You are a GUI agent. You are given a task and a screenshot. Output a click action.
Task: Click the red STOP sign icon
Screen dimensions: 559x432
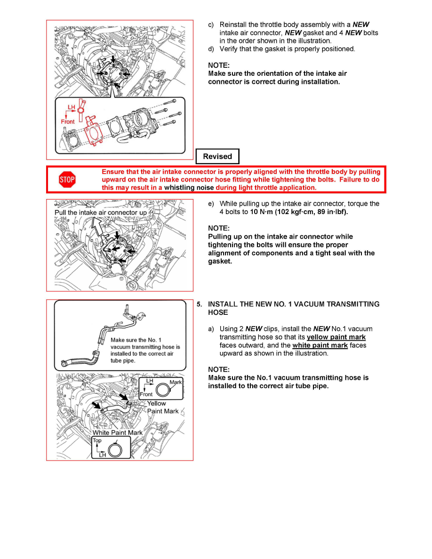pyautogui.click(x=67, y=179)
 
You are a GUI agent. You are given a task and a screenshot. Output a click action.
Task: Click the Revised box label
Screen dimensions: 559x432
pyautogui.click(x=217, y=156)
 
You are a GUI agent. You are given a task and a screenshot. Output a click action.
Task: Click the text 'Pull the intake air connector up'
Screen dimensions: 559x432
pyautogui.click(x=100, y=212)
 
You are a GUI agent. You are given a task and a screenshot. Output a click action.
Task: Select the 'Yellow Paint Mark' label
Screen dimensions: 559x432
pyautogui.click(x=162, y=407)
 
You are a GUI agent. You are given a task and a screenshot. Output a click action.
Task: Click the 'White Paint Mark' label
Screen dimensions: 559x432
pyautogui.click(x=117, y=432)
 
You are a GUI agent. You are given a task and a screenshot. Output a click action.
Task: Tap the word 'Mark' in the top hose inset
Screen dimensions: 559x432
pyautogui.click(x=176, y=382)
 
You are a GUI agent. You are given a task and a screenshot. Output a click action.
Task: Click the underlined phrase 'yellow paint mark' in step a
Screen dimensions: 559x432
pyautogui.click(x=336, y=337)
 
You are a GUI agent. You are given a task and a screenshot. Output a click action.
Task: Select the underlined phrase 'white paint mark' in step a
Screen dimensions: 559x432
pyautogui.click(x=320, y=345)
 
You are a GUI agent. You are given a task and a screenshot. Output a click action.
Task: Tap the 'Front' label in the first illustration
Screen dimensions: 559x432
pyautogui.click(x=68, y=121)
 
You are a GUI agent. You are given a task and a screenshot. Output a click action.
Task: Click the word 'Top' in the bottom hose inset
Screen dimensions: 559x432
pyautogui.click(x=97, y=440)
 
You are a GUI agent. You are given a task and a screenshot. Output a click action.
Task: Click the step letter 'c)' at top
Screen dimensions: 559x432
pyautogui.click(x=211, y=24)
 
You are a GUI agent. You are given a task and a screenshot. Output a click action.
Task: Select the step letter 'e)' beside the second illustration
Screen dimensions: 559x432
pyautogui.click(x=211, y=204)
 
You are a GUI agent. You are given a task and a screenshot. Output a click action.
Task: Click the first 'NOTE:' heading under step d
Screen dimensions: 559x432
pyautogui.click(x=219, y=65)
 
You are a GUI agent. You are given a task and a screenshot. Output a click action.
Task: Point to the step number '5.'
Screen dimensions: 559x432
pyautogui.click(x=200, y=304)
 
